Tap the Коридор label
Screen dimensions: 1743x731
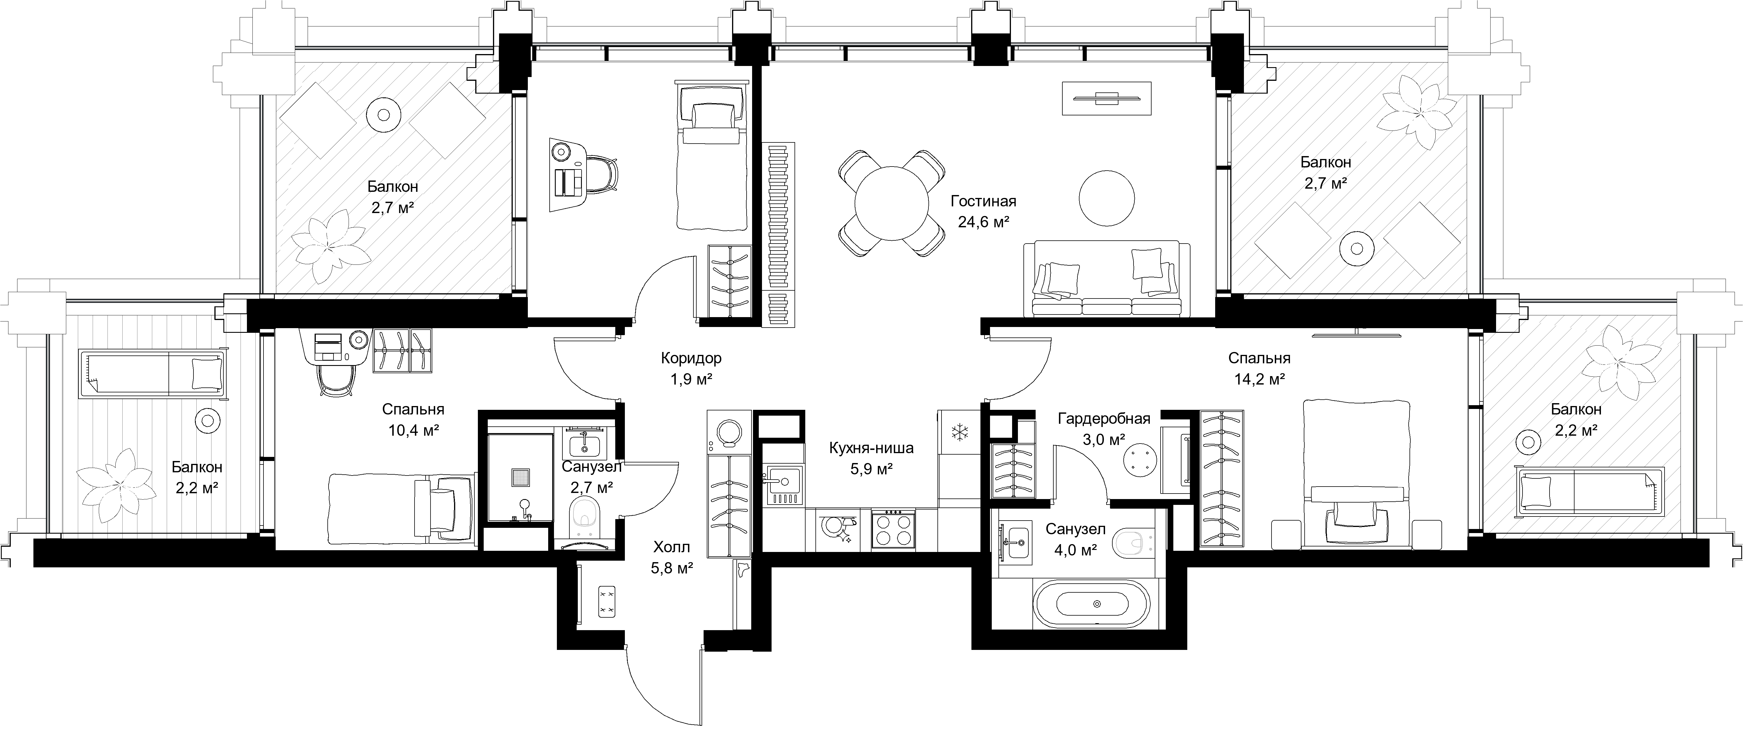pos(691,358)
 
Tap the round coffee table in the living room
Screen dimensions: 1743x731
pos(1106,198)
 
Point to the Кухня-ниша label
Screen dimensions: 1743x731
pos(872,447)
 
